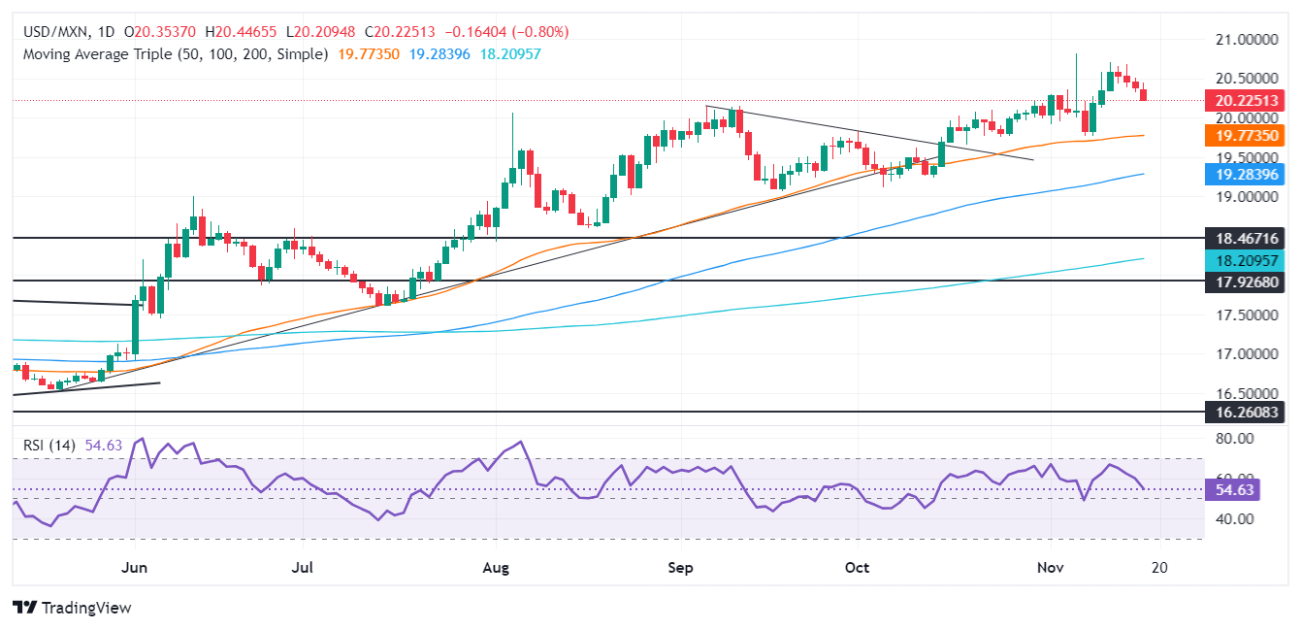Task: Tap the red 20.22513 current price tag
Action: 1245,99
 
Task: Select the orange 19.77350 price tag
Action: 1245,138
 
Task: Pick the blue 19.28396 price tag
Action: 1245,175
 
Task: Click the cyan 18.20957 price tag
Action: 1245,259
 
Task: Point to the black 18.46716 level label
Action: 1245,238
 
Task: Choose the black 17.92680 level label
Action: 1245,281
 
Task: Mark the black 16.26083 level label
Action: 1245,412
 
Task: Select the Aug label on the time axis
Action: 496,566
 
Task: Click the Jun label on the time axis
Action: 135,566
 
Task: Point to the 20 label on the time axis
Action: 1159,566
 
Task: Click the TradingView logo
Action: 73,608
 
